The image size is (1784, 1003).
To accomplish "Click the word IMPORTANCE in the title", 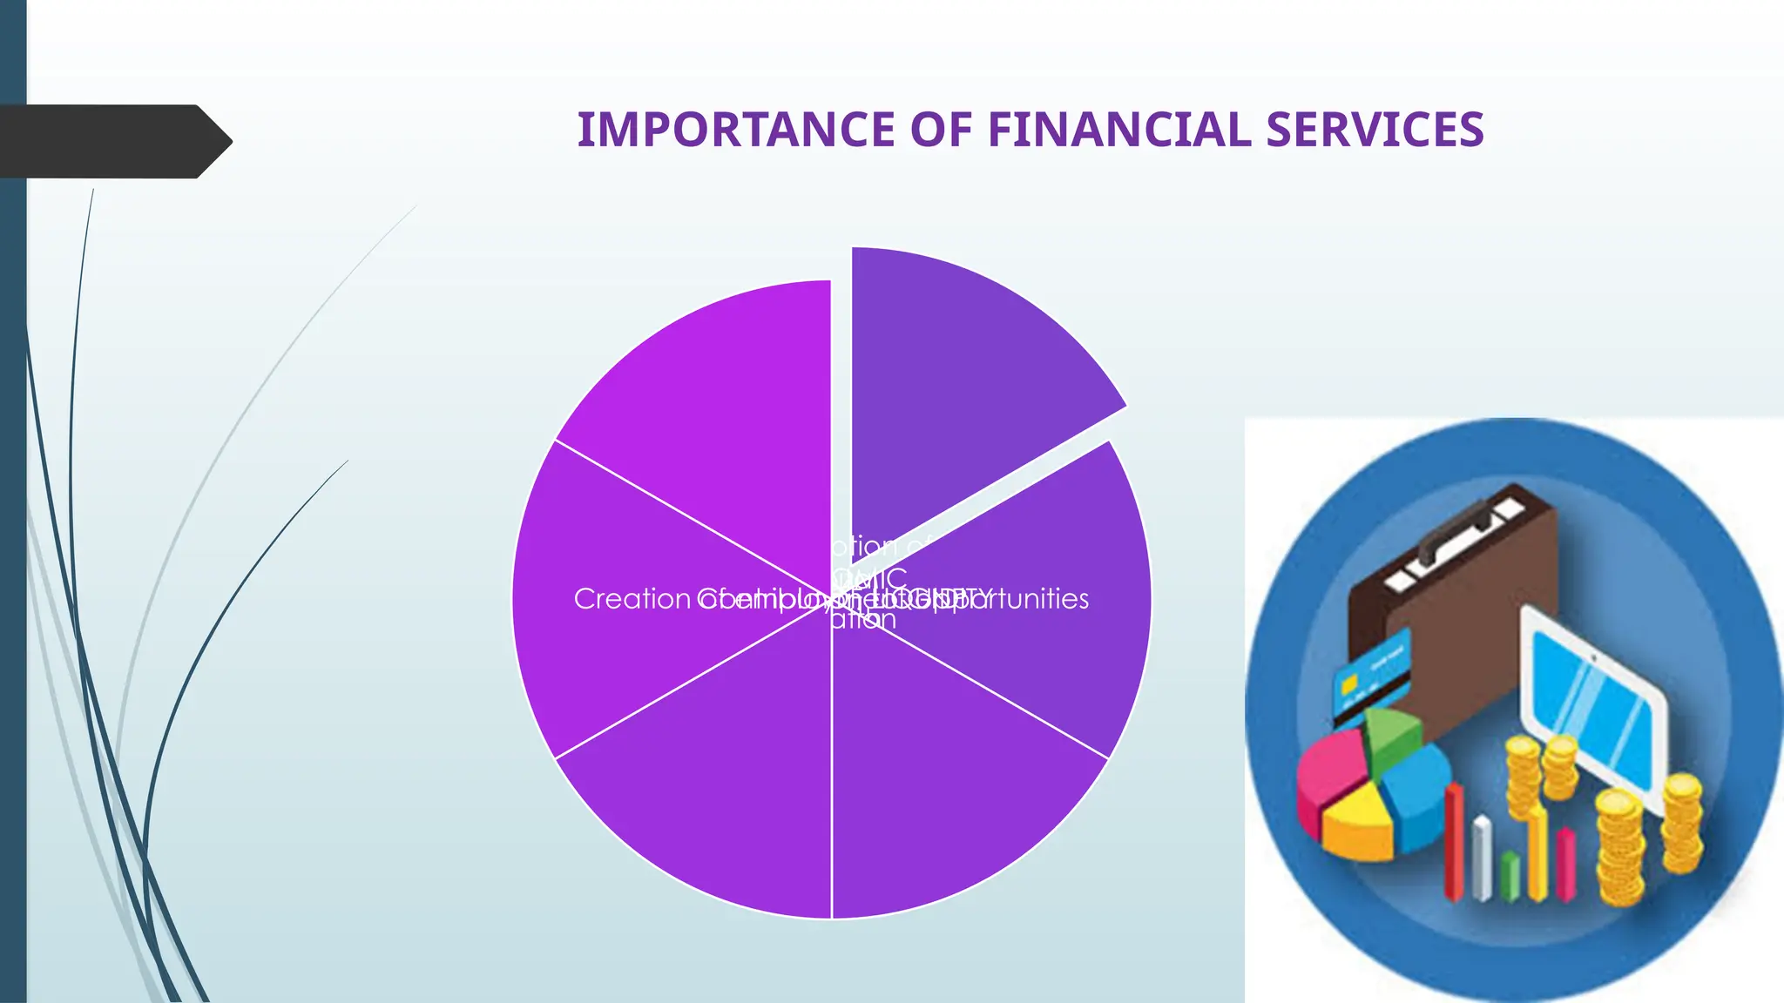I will tap(736, 130).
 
